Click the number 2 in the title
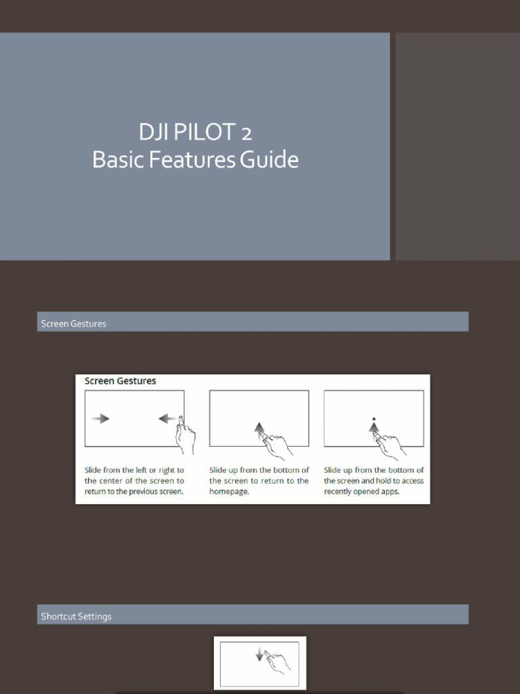point(246,134)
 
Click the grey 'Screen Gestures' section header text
point(73,323)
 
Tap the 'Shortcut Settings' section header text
point(76,616)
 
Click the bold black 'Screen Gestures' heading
point(121,381)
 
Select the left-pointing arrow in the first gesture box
point(168,418)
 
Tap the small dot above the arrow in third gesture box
point(374,419)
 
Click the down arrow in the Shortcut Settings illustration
point(259,654)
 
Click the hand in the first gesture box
point(186,436)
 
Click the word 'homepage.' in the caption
point(229,491)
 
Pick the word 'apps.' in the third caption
point(390,491)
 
